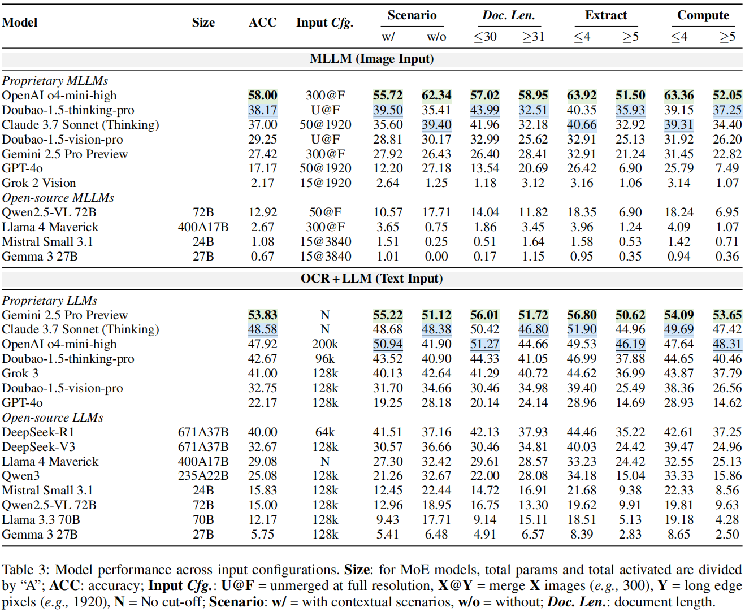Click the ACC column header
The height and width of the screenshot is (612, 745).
(262, 23)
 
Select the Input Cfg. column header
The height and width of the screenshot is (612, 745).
(324, 23)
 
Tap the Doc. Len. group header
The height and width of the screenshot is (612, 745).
(508, 15)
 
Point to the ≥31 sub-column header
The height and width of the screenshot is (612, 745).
(532, 37)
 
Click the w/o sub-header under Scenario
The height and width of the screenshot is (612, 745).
(436, 37)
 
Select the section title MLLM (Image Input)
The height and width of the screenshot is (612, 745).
(371, 59)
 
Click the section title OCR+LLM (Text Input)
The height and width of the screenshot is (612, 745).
(371, 279)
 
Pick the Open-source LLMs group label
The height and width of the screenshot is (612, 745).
(53, 418)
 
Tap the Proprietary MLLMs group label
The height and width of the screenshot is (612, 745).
(55, 81)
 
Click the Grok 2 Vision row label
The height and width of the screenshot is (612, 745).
(39, 183)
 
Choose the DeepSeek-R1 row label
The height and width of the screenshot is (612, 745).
(38, 432)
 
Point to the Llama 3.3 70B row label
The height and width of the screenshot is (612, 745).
(41, 520)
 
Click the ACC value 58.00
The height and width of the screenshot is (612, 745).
(262, 96)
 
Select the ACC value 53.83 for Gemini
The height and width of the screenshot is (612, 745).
(262, 315)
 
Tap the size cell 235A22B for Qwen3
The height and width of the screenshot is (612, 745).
(203, 476)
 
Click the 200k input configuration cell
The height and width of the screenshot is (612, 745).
(325, 344)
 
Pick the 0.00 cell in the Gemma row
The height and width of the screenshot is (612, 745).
(436, 257)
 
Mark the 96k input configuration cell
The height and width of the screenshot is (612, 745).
(325, 359)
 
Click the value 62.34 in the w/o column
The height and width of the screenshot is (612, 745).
(436, 96)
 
